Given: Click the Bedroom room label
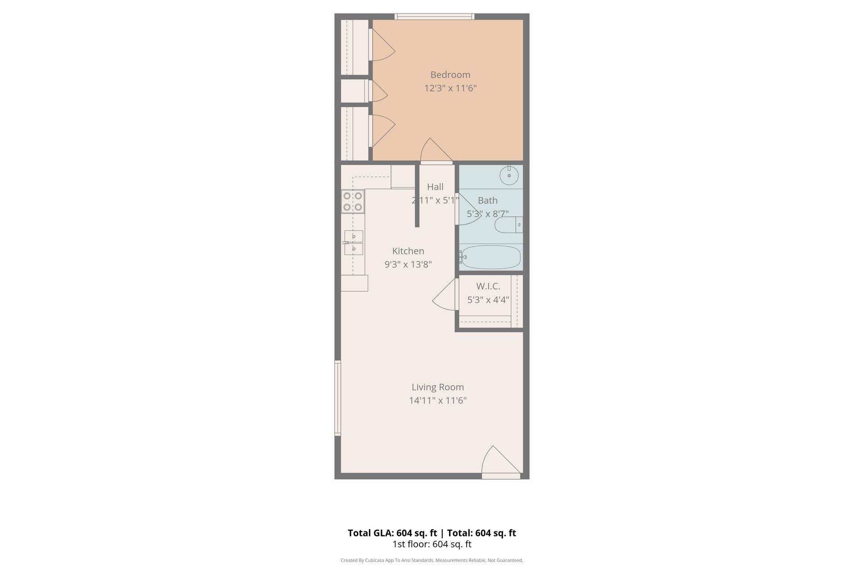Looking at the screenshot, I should coord(450,75).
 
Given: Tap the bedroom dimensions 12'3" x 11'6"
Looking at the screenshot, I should coord(450,88).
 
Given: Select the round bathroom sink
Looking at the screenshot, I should coord(509,175).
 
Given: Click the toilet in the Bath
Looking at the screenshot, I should coord(508,225).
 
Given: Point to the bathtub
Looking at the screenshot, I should coord(490,257).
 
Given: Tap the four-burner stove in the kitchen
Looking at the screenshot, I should coord(353,202).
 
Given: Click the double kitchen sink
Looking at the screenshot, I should coord(354,243).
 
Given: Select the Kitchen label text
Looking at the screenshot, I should coord(408,251).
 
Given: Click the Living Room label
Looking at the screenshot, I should coord(437,387).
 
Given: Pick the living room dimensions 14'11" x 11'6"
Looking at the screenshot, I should coord(437,400).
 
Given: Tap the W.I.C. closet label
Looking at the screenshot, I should coord(488,286).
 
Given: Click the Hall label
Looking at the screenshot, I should coord(435,187).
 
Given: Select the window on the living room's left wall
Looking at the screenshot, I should coord(337,398).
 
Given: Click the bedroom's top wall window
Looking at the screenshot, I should coord(434,17).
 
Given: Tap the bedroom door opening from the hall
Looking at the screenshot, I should coord(436,153).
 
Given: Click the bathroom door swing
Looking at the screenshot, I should coord(468,210).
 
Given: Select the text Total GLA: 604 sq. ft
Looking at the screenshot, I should coord(392,533).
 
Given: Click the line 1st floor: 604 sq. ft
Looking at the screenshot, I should coord(432,544).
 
